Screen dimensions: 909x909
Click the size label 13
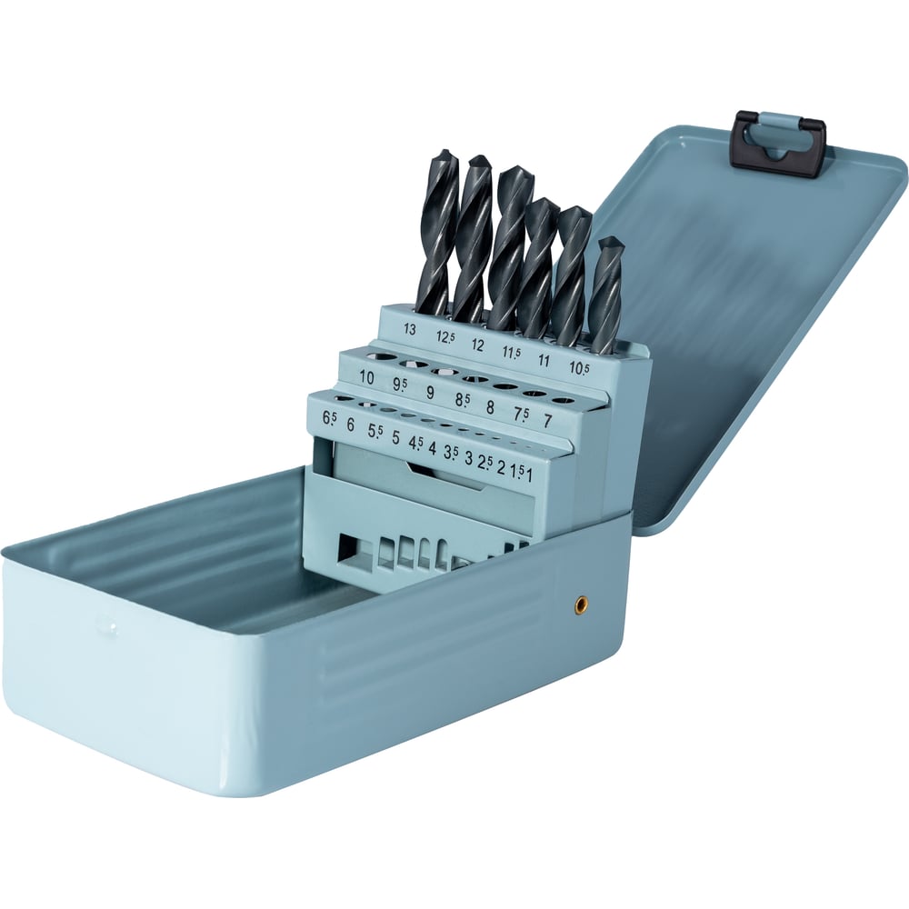point(410,329)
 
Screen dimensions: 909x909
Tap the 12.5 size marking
point(445,337)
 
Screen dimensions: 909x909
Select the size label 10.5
point(578,367)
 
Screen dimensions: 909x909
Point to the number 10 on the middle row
point(366,377)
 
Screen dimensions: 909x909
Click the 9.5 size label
point(400,385)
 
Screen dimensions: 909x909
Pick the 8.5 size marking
point(463,399)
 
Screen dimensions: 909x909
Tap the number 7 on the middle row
point(546,420)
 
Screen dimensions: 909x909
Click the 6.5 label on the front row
point(329,418)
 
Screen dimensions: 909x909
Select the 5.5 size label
point(375,431)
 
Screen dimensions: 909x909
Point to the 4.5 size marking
point(415,443)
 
